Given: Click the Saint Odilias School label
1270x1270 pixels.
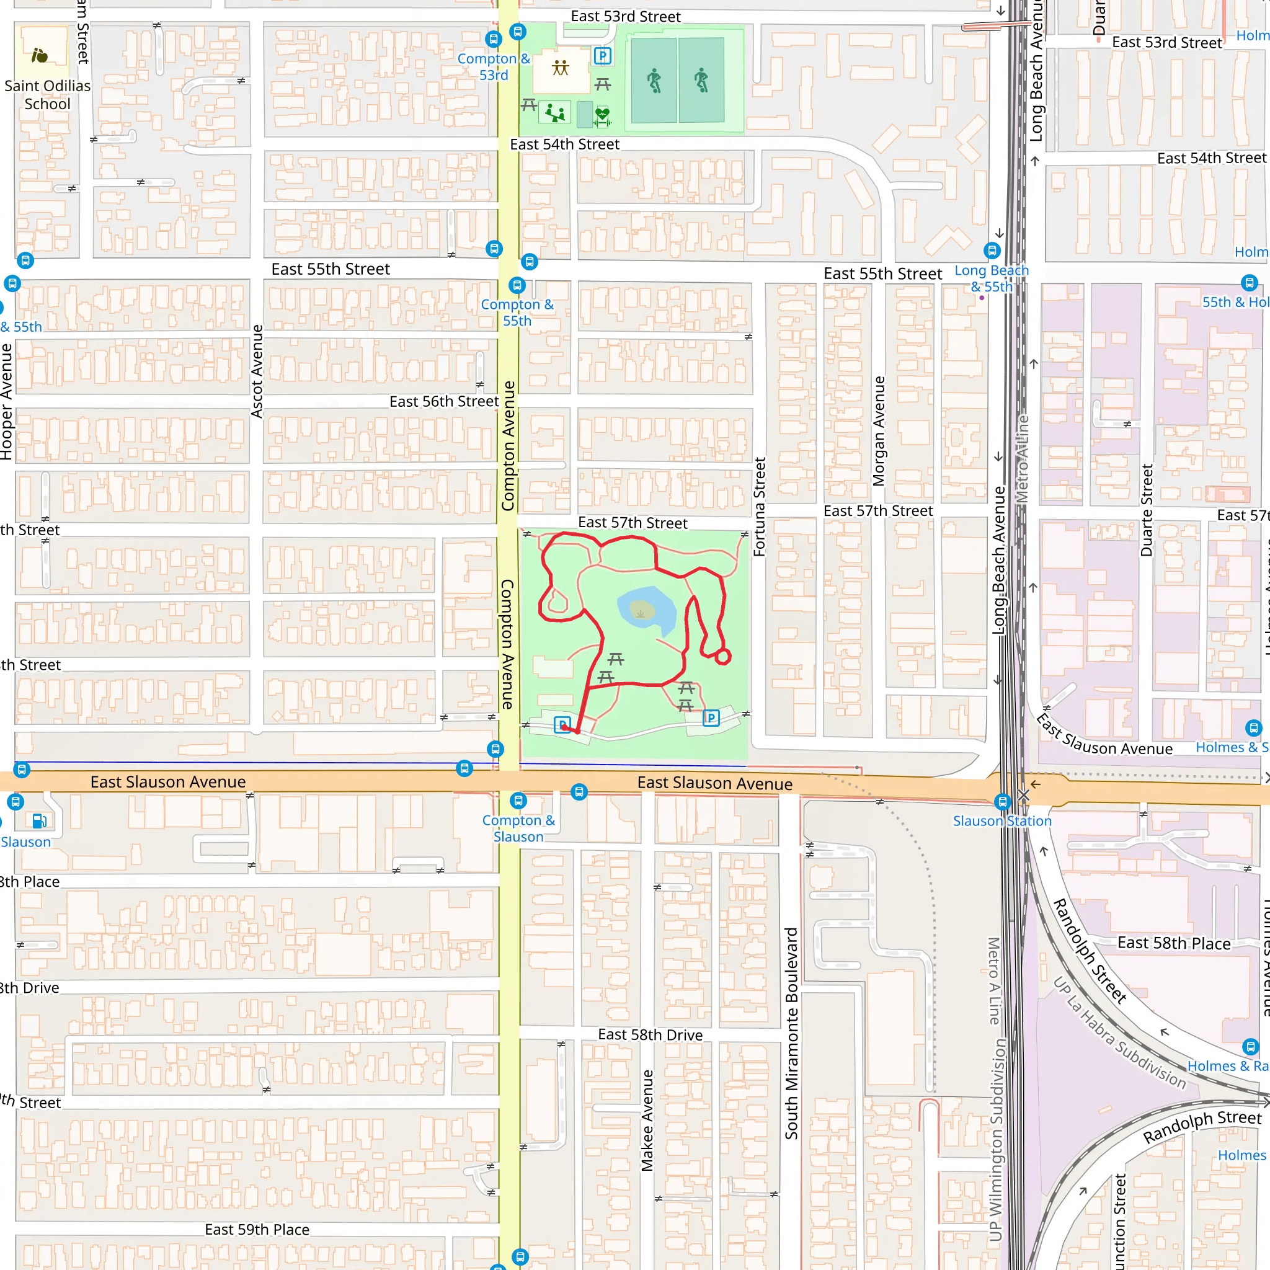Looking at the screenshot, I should [47, 95].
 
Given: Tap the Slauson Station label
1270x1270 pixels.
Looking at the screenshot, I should [1002, 821].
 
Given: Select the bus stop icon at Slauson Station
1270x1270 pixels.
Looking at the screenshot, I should [1003, 801].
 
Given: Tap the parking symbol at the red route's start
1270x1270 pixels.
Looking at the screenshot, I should [561, 724].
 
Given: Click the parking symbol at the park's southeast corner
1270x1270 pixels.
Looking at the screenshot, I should [711, 718].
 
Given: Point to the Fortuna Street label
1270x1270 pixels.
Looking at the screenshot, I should [760, 507].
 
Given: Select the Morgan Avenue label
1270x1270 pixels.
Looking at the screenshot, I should [879, 431].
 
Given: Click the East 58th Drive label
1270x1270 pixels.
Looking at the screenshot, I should [650, 1035].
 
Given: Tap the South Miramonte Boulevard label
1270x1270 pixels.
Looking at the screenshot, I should [791, 1033].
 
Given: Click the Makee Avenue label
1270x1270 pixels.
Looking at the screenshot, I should [647, 1120].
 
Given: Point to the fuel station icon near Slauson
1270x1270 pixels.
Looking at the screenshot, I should [39, 820].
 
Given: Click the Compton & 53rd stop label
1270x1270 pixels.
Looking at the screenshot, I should [494, 66].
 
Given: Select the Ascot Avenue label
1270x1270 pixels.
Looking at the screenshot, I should [257, 371].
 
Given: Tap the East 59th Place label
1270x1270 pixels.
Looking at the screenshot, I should [257, 1229].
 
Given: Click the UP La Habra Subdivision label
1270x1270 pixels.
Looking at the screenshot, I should [1119, 1032].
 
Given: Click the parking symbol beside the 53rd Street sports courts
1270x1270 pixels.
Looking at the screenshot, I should [602, 56].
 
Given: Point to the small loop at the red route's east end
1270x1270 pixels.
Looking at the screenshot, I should [722, 657].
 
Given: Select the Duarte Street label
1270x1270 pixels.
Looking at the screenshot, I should [1147, 510].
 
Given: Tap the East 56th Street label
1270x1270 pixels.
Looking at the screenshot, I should [444, 401].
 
